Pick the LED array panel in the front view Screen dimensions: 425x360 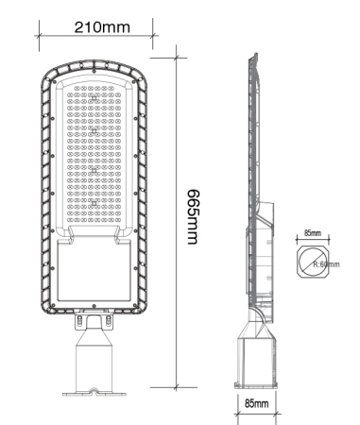click(x=96, y=156)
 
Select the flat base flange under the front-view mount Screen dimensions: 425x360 click(x=96, y=390)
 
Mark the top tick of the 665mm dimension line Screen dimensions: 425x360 click(x=179, y=54)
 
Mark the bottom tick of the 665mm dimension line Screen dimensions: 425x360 click(x=179, y=387)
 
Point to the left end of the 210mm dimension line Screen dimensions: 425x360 click(x=39, y=37)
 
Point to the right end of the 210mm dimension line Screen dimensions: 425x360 click(x=155, y=37)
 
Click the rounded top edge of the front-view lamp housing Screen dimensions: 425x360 click(x=96, y=59)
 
